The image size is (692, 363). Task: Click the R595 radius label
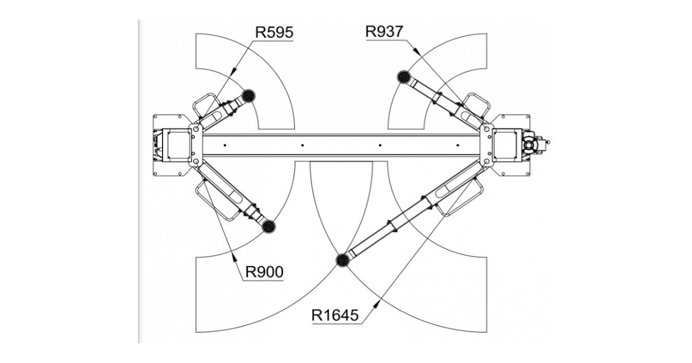coord(274,32)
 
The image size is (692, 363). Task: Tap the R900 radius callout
coord(264,271)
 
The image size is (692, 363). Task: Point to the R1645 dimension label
coord(336,315)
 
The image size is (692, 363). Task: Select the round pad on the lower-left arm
coord(268,226)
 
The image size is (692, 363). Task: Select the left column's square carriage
coord(178,144)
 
